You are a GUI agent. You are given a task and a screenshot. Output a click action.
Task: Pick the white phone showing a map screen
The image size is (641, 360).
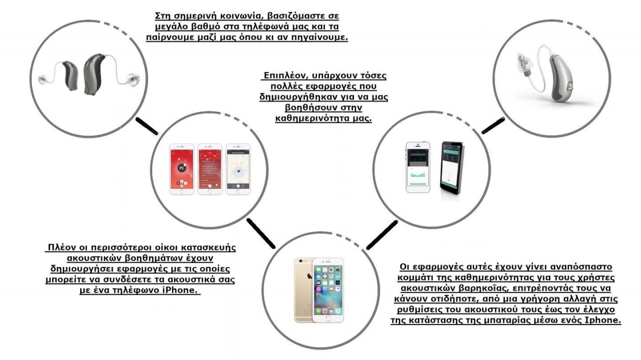pos(238,169)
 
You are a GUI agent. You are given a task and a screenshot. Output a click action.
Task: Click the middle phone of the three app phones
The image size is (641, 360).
pos(210,169)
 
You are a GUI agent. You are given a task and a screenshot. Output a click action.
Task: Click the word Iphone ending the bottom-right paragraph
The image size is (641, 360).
pos(603,320)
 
